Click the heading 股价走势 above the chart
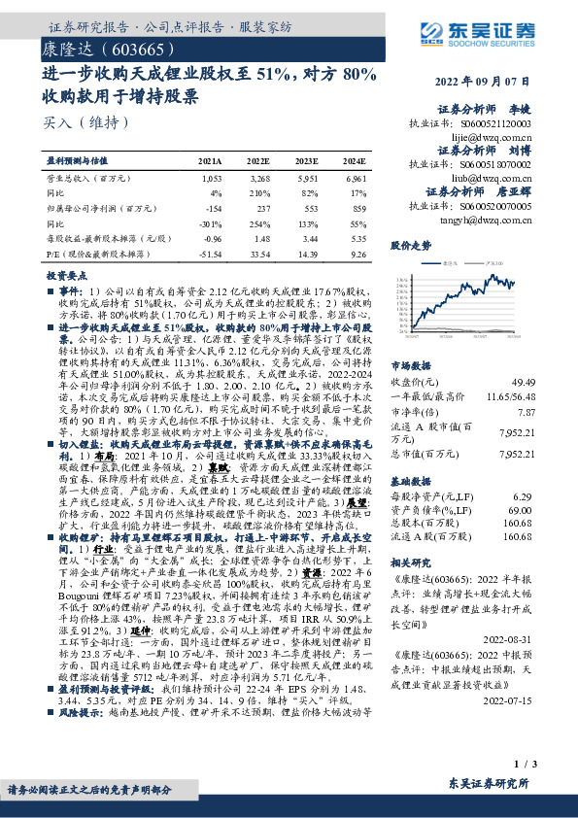(x=411, y=247)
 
